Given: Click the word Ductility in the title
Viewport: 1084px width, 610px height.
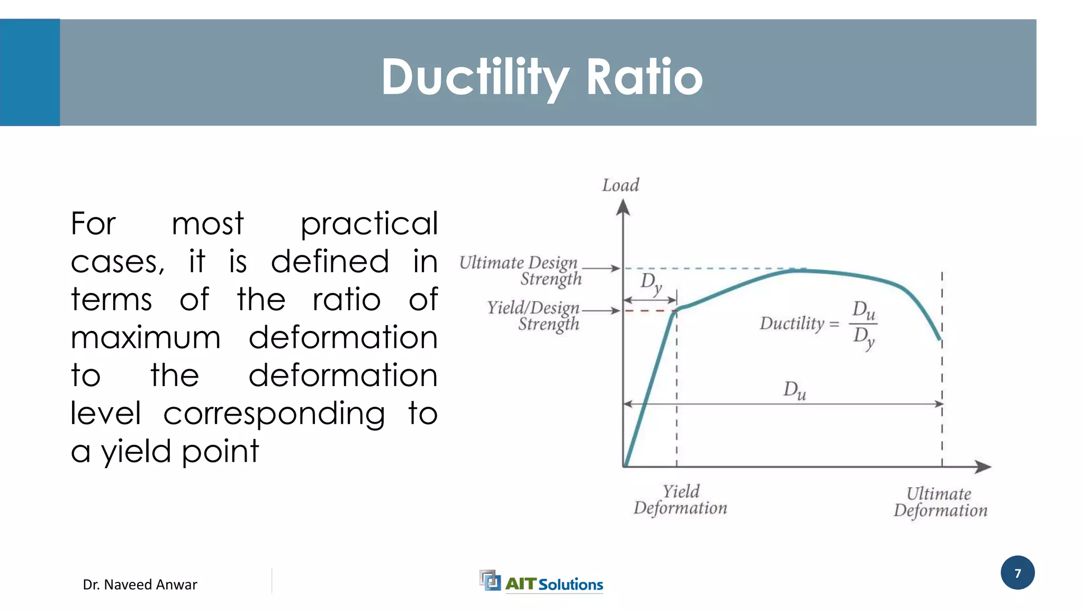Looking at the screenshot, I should pyautogui.click(x=474, y=77).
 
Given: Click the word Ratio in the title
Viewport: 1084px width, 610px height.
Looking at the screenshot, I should pyautogui.click(x=644, y=77).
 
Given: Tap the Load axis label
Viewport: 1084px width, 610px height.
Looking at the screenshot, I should pyautogui.click(x=620, y=185).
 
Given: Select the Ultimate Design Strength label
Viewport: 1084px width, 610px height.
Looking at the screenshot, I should pyautogui.click(x=520, y=270).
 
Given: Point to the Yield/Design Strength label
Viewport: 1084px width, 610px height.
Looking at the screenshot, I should pyautogui.click(x=534, y=316).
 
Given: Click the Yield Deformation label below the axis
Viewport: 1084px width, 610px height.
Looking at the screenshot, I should pyautogui.click(x=681, y=499).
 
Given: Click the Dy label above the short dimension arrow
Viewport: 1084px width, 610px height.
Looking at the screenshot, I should pyautogui.click(x=651, y=283).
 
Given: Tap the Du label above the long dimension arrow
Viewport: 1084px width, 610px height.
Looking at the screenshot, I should pyautogui.click(x=794, y=390).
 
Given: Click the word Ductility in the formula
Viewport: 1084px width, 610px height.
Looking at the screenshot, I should pyautogui.click(x=792, y=323).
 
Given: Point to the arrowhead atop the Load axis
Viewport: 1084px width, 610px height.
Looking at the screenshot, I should pyautogui.click(x=623, y=207).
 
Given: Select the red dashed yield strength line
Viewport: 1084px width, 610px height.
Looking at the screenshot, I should pyautogui.click(x=649, y=311).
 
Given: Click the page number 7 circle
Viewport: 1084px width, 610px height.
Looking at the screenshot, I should pyautogui.click(x=1017, y=573).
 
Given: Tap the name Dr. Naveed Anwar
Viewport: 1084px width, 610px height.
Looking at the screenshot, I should pyautogui.click(x=140, y=585).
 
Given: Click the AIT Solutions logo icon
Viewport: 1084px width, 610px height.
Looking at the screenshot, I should pyautogui.click(x=490, y=580).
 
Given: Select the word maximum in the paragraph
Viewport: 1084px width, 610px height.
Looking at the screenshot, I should pyautogui.click(x=146, y=338).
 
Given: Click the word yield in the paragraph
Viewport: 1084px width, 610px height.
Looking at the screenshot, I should pyautogui.click(x=135, y=452).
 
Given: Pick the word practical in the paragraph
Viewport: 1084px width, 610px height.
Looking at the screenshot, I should pyautogui.click(x=369, y=224).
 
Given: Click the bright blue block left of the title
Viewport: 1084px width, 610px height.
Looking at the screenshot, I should pyautogui.click(x=30, y=73).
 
